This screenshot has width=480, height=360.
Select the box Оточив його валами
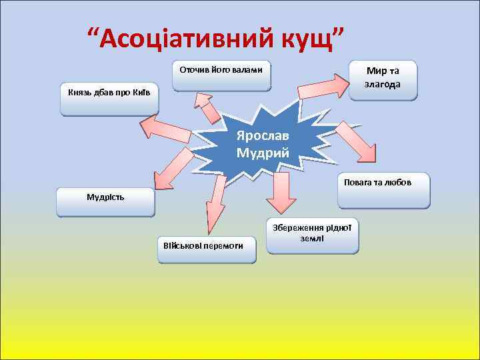pyautogui.click(x=221, y=76)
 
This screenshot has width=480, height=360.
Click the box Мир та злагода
pyautogui.click(x=383, y=80)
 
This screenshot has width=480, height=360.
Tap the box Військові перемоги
pyautogui.click(x=207, y=250)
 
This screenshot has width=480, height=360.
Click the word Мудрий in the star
pyautogui.click(x=263, y=153)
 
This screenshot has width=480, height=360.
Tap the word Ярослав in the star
pyautogui.click(x=263, y=136)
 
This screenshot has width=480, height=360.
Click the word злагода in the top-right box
pyautogui.click(x=383, y=85)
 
